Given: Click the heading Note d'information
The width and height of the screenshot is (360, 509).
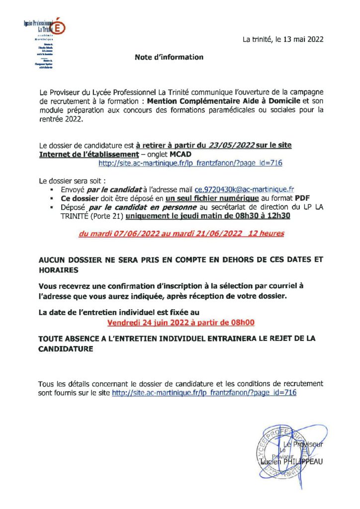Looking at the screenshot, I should click(x=169, y=57).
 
